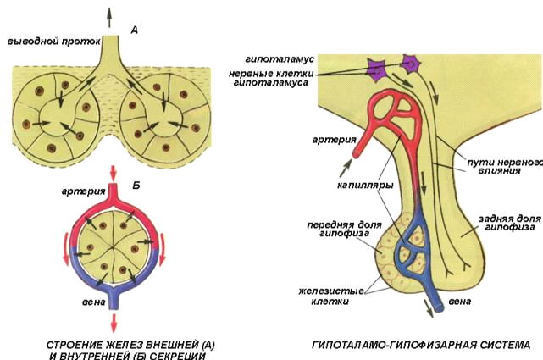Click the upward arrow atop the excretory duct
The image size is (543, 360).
(x=109, y=12)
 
